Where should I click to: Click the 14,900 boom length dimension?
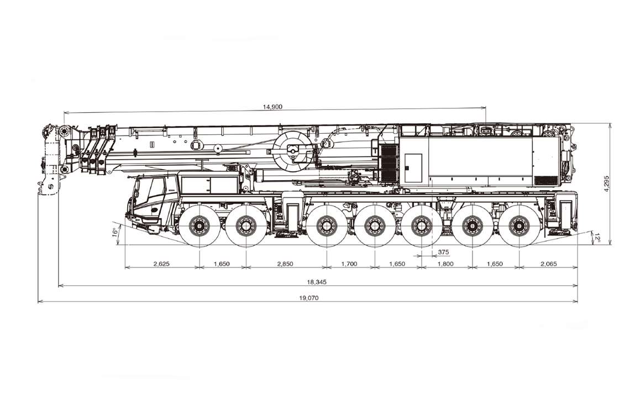tap(273, 107)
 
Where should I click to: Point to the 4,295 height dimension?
tap(607, 183)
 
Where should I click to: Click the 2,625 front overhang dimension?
tap(161, 264)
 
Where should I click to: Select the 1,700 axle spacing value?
tap(349, 264)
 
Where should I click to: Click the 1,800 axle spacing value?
tap(445, 264)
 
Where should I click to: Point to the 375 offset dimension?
tap(443, 252)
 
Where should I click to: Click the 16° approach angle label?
tap(114, 232)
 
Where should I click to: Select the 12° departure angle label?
tap(597, 238)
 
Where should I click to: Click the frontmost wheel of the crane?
tap(198, 225)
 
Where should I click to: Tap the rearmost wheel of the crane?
tap(519, 225)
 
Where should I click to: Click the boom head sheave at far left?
tap(64, 133)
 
